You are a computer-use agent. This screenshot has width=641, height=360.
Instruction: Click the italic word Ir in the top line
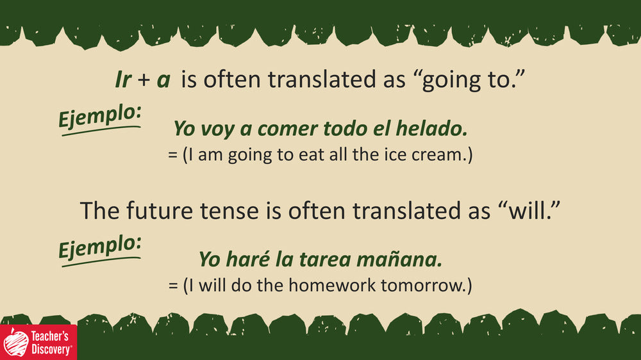click(x=123, y=79)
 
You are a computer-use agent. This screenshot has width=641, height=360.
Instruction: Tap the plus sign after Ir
click(x=144, y=80)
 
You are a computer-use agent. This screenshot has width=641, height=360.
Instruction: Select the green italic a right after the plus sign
click(x=163, y=81)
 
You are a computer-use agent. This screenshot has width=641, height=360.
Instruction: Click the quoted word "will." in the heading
click(x=529, y=211)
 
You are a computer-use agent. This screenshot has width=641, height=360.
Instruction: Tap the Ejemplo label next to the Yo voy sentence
click(x=100, y=118)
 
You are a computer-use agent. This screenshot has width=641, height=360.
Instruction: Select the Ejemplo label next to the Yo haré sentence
click(x=100, y=249)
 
